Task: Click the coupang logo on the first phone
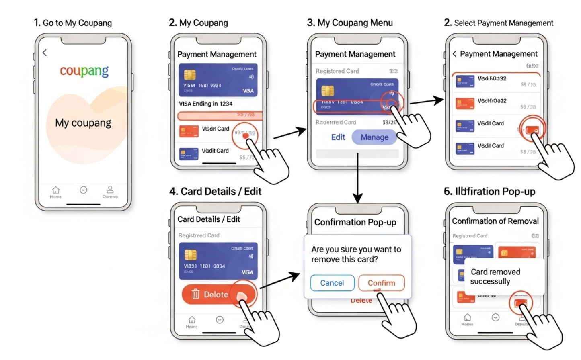[x=84, y=71]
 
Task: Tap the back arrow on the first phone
[x=45, y=53]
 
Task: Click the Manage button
[x=374, y=137]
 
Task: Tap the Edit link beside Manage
[x=338, y=137]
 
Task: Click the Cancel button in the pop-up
[x=332, y=283]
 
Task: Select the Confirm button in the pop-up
[x=381, y=283]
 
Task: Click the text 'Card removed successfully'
[x=495, y=276]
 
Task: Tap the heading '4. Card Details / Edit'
[x=215, y=192]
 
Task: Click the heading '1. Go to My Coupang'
[x=73, y=23]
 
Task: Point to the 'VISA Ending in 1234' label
[x=205, y=104]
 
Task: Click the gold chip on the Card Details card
[x=191, y=255]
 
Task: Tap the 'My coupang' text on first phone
[x=83, y=123]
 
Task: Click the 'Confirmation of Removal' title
[x=495, y=221]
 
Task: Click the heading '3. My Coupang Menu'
[x=350, y=23]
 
